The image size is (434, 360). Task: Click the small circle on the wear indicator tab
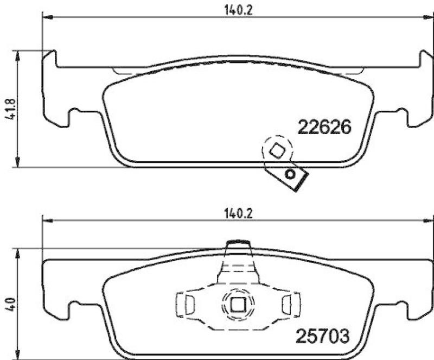(291, 174)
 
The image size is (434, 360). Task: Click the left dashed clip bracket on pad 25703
(186, 303)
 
